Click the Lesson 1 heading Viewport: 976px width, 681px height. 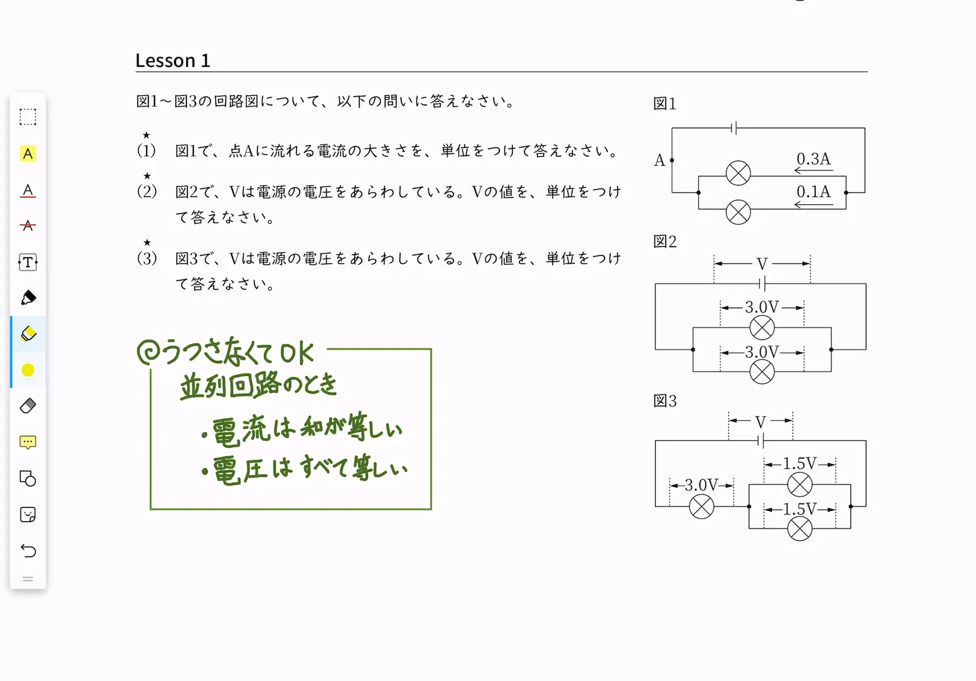[173, 60]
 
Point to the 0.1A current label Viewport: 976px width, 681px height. [813, 191]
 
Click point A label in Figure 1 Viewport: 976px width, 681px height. [659, 161]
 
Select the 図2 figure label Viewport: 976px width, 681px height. [665, 242]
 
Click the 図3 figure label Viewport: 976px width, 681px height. [665, 401]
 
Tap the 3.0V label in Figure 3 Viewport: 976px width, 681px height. [701, 485]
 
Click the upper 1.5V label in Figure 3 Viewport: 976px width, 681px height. [799, 463]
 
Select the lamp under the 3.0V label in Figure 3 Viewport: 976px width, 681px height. [702, 506]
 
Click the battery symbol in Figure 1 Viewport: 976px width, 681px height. [734, 128]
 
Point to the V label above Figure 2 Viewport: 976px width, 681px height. [762, 264]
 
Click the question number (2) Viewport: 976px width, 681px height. [147, 191]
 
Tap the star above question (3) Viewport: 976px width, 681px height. [147, 242]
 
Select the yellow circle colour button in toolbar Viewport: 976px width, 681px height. [28, 370]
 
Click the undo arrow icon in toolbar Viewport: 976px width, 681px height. [28, 550]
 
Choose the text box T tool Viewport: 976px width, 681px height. [28, 262]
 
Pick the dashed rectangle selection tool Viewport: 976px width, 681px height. [28, 117]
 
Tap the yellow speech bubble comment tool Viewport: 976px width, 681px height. [28, 442]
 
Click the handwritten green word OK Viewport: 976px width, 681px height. [297, 354]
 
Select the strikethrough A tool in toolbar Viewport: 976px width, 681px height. [28, 226]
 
